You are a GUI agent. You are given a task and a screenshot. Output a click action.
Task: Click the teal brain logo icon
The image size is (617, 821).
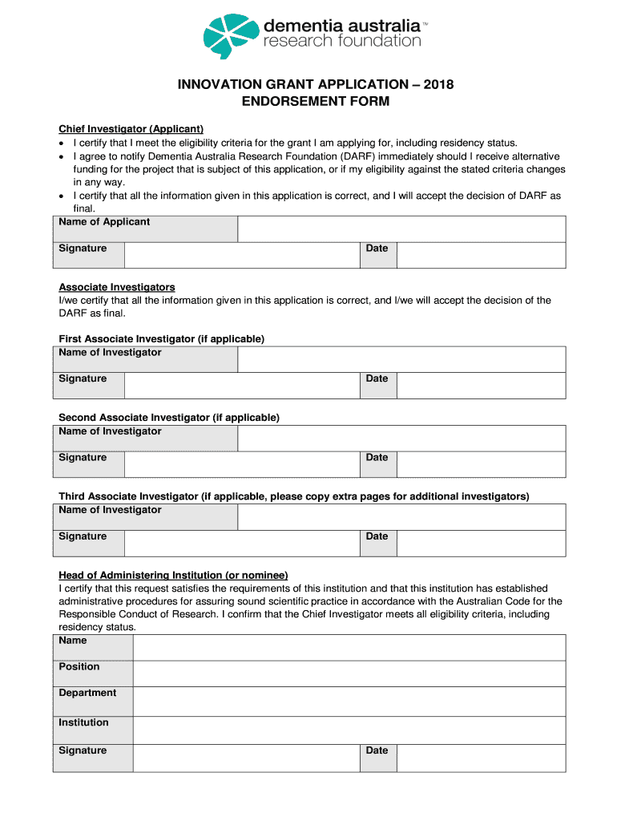(232, 36)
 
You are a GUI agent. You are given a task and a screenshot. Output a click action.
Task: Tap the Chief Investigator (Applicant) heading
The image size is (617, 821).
(131, 129)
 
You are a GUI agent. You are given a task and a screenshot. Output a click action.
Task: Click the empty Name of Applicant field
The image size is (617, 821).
(401, 229)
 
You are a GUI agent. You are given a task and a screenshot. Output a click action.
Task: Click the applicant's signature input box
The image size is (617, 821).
(241, 255)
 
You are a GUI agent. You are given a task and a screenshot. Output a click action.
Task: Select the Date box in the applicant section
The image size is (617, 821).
(481, 255)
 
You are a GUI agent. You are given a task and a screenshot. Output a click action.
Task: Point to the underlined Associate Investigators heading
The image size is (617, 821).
(117, 287)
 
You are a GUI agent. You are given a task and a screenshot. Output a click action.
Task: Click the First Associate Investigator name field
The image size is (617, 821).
(401, 359)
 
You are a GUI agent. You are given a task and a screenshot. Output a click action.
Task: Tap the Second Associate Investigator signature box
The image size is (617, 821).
(241, 464)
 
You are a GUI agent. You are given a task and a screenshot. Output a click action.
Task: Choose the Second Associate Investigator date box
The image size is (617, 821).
(481, 464)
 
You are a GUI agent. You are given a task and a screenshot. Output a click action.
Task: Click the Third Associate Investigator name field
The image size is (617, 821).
(401, 516)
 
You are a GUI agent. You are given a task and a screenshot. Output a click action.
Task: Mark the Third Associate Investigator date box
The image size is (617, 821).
(481, 543)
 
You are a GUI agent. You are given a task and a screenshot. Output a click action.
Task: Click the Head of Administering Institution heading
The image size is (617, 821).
(173, 575)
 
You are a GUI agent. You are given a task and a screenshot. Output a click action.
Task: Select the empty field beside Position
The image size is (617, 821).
(349, 673)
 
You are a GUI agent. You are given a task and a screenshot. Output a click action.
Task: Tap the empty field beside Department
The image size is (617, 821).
(349, 701)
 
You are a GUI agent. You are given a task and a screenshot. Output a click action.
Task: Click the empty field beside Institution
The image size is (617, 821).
(349, 730)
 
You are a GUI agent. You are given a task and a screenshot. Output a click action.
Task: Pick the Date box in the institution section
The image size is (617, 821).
(481, 758)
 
